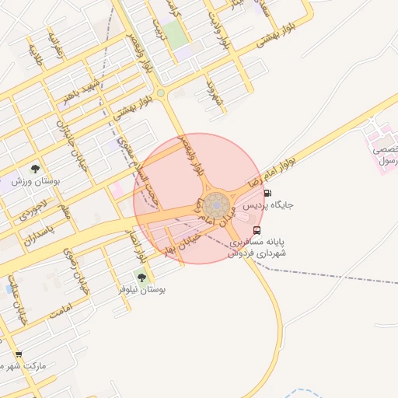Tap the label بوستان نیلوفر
(x=142, y=289)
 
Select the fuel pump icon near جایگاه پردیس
(x=268, y=194)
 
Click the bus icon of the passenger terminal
(x=257, y=230)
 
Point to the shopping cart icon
(x=19, y=354)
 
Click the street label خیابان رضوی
(x=75, y=268)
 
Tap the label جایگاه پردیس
(x=269, y=206)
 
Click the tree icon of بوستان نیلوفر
(x=141, y=276)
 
